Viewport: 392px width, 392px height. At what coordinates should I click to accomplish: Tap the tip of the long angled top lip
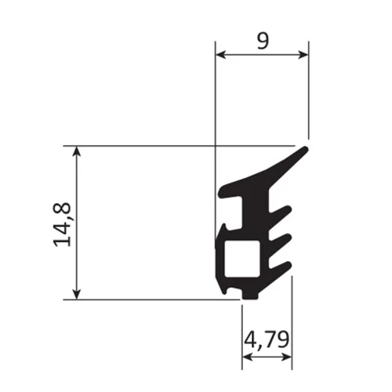tap(305, 149)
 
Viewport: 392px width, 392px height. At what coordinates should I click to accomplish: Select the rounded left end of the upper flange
tap(222, 191)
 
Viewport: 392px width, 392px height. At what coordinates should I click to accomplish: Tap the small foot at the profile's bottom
tap(249, 295)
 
